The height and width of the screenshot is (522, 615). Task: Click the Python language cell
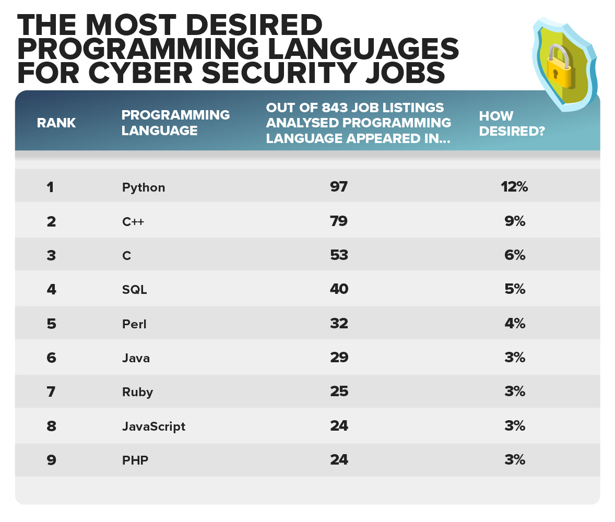click(x=143, y=187)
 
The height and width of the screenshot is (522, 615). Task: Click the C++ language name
click(x=133, y=222)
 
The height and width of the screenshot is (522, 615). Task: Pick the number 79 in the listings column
click(x=338, y=221)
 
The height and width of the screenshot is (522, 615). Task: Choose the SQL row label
click(x=134, y=289)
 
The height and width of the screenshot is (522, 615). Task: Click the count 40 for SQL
click(x=338, y=289)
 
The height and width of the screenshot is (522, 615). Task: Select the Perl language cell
click(x=134, y=324)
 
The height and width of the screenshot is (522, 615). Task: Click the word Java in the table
click(x=136, y=358)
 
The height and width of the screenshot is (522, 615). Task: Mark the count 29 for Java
click(x=338, y=358)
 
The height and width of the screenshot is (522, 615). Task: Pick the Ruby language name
click(x=137, y=392)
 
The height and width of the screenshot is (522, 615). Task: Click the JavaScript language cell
click(x=153, y=426)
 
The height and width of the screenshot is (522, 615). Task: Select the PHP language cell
click(x=135, y=460)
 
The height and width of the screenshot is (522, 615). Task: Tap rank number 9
click(x=51, y=460)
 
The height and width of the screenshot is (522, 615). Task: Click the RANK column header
click(x=56, y=123)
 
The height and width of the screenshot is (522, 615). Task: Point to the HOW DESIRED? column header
click(x=512, y=123)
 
